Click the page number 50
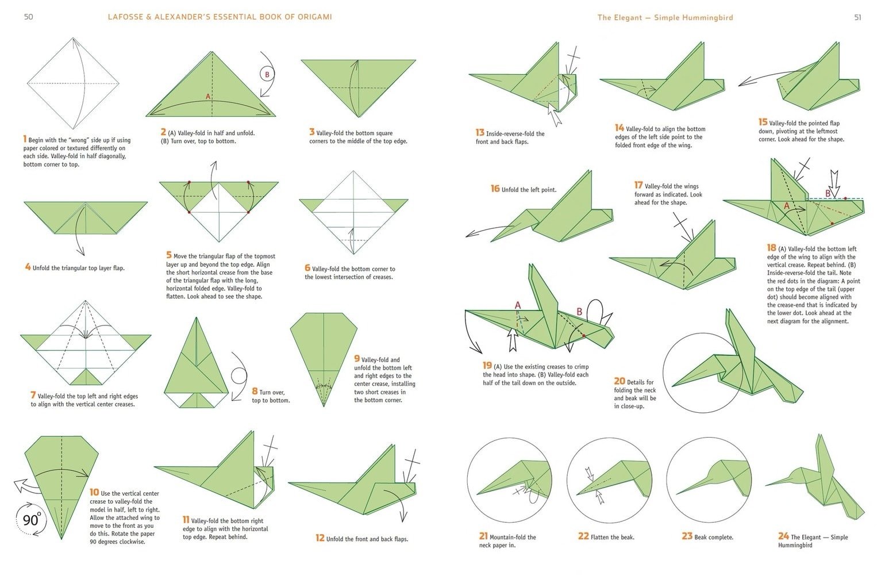pyautogui.click(x=28, y=17)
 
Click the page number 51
pyautogui.click(x=857, y=17)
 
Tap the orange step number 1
pyautogui.click(x=25, y=139)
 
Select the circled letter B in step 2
pyautogui.click(x=267, y=74)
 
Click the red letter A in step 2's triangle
pyautogui.click(x=208, y=97)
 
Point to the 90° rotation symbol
pyautogui.click(x=31, y=520)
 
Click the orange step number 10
pyautogui.click(x=94, y=492)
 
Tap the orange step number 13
pyautogui.click(x=480, y=132)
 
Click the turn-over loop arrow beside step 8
pyautogui.click(x=238, y=377)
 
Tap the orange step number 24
pyautogui.click(x=783, y=536)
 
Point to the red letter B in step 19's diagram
pyautogui.click(x=579, y=312)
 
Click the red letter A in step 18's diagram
pyautogui.click(x=787, y=206)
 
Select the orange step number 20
pyautogui.click(x=619, y=381)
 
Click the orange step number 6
pyautogui.click(x=307, y=267)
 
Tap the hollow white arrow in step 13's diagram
pyautogui.click(x=555, y=115)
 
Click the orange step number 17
pyautogui.click(x=638, y=185)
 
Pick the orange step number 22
pyautogui.click(x=583, y=536)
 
